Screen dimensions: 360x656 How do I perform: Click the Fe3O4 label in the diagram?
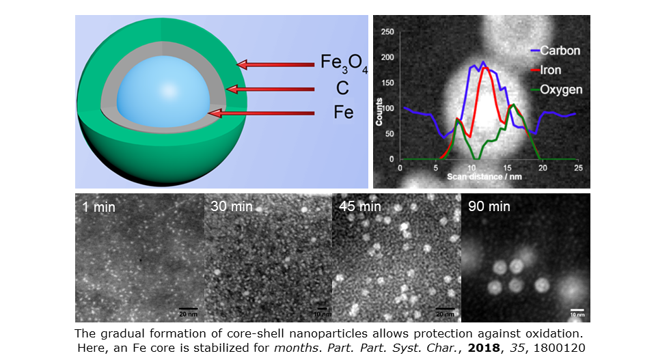pyautogui.click(x=344, y=64)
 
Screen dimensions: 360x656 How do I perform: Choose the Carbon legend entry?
pyautogui.click(x=559, y=51)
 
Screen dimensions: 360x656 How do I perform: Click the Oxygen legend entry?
pyautogui.click(x=559, y=89)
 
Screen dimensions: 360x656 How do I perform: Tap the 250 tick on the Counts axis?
pyautogui.click(x=388, y=32)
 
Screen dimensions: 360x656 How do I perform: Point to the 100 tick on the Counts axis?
pyautogui.click(x=388, y=109)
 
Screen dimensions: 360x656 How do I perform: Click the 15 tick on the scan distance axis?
pyautogui.click(x=506, y=167)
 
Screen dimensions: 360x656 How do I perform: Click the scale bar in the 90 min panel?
pyautogui.click(x=577, y=308)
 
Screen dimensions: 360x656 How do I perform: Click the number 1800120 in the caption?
pyautogui.click(x=553, y=350)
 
